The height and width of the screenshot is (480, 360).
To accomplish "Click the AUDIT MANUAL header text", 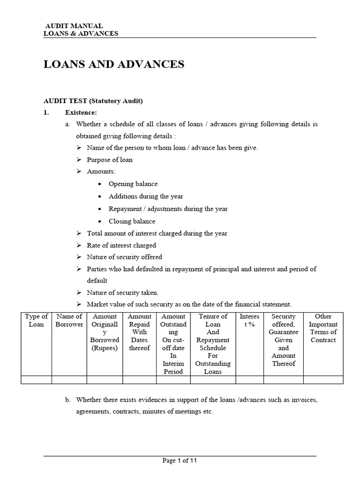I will click(74, 26).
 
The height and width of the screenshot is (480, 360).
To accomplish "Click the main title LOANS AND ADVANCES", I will click(114, 64).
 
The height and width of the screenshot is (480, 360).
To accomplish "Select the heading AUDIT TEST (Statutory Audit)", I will click(93, 101).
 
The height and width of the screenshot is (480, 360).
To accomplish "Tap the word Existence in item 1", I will click(81, 112).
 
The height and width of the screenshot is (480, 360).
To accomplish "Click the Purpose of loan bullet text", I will click(110, 159).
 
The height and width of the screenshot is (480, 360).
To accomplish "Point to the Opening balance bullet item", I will click(133, 184).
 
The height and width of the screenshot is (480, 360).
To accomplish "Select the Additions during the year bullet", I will click(146, 196).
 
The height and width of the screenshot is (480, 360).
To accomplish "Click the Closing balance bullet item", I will click(132, 221).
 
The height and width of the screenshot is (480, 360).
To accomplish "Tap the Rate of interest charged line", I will click(121, 245).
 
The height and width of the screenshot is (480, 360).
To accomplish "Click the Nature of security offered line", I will click(124, 257).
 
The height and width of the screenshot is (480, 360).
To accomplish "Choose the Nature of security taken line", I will click(122, 292).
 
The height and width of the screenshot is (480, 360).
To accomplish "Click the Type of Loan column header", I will click(36, 320).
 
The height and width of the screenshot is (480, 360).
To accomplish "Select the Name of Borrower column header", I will click(69, 320).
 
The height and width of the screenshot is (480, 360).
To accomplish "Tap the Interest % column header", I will click(249, 320).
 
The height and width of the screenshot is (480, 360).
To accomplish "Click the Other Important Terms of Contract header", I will click(323, 328).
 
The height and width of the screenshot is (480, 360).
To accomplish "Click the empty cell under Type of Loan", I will click(36, 380).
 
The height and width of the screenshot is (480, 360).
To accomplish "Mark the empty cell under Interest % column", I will click(249, 380).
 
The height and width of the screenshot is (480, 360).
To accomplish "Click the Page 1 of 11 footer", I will click(180, 461).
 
